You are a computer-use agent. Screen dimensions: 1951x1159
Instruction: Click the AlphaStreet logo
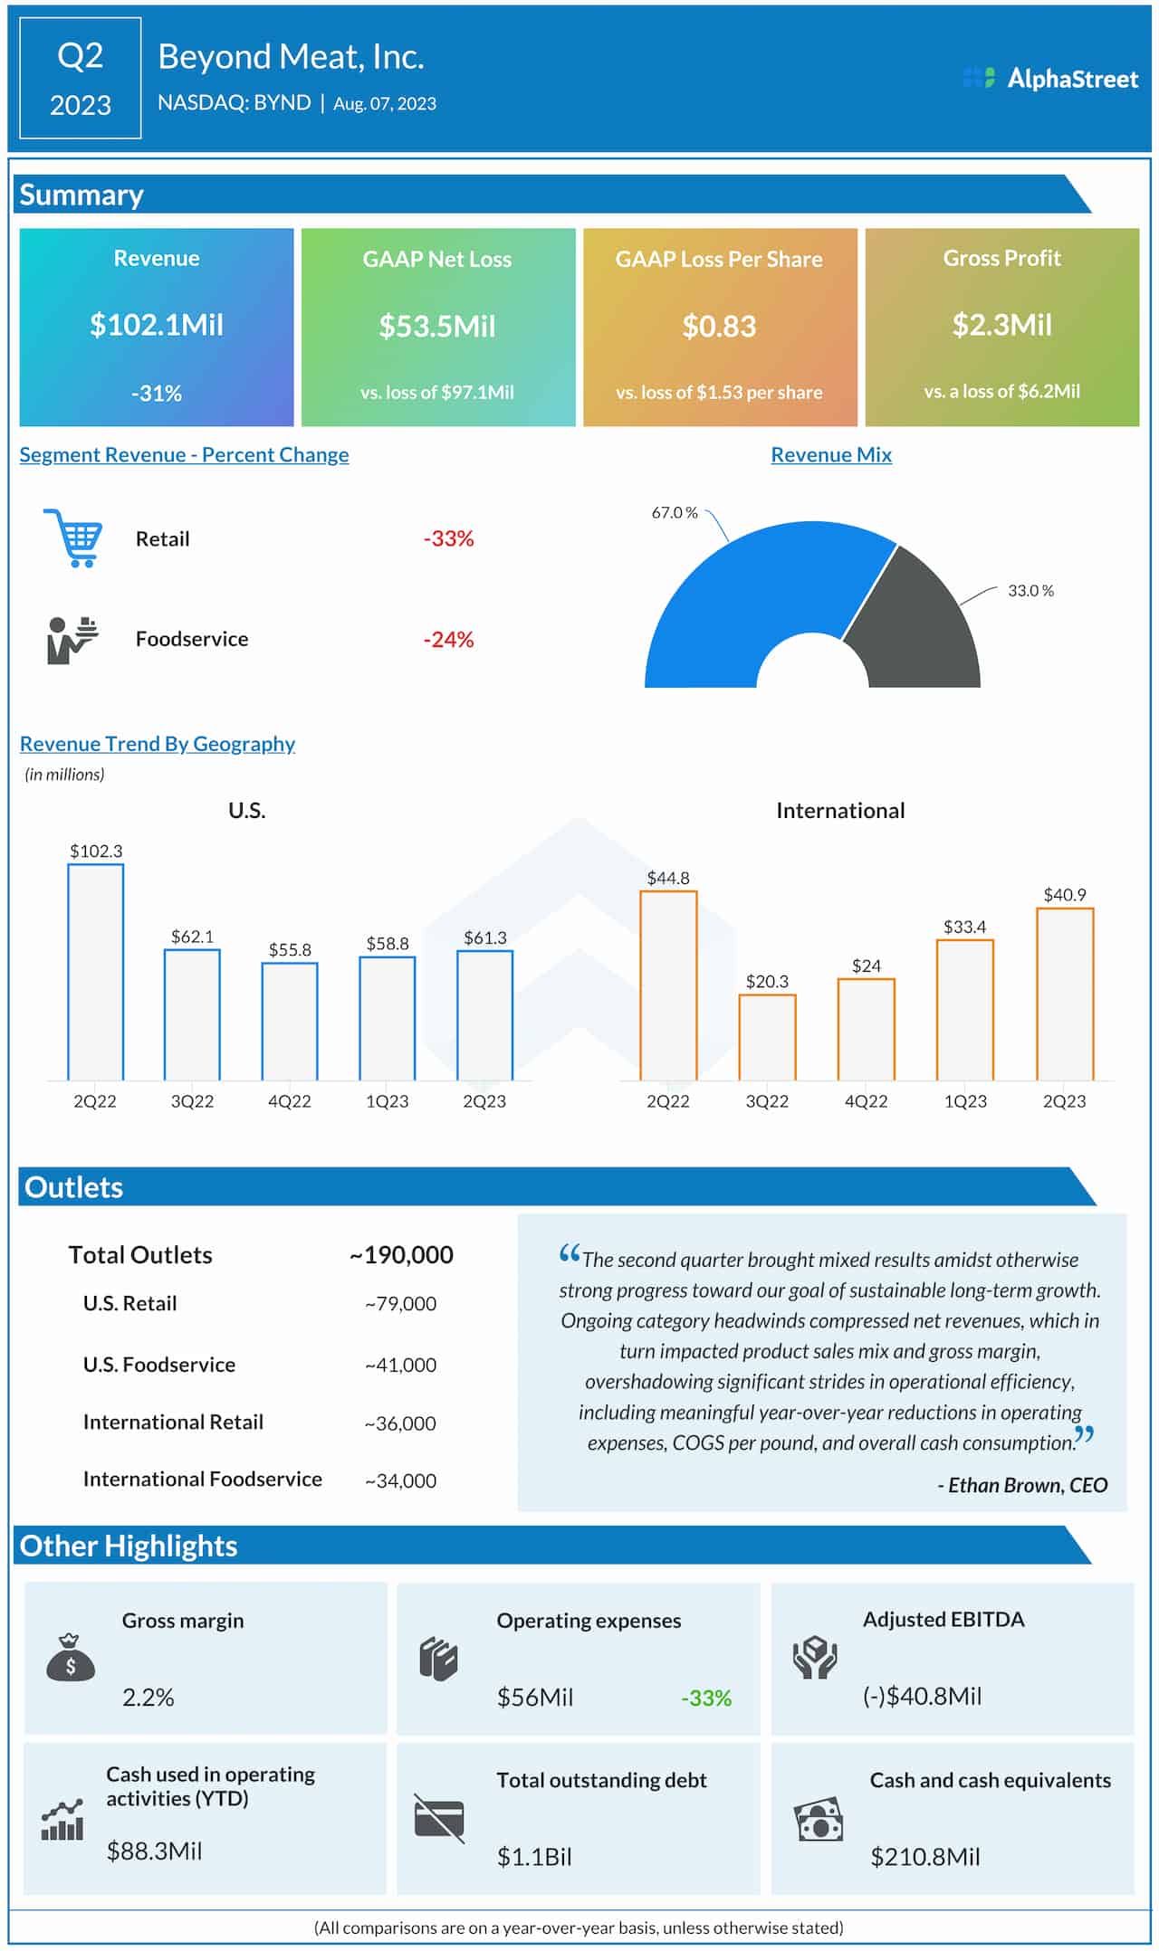tap(1050, 79)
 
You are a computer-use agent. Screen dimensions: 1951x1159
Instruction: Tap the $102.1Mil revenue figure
tap(157, 325)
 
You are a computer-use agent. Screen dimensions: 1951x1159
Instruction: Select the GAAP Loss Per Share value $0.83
tap(719, 327)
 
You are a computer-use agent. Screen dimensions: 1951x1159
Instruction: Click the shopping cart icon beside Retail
tap(72, 538)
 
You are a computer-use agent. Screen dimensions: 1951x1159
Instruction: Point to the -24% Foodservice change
tap(448, 640)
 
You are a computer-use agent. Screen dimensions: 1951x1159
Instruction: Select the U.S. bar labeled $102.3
tap(95, 973)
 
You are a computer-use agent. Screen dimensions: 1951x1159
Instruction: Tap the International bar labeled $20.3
tap(767, 1037)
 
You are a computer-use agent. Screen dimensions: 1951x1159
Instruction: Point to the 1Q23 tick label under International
tap(965, 1101)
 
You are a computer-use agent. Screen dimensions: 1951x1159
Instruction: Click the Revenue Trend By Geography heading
tap(158, 744)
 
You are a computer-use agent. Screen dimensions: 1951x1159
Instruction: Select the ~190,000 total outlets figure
tap(401, 1255)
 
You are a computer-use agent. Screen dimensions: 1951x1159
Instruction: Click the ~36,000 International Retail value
tap(400, 1423)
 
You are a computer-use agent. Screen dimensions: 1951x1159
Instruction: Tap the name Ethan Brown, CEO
tap(1022, 1485)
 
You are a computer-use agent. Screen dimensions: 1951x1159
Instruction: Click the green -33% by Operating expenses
tap(706, 1699)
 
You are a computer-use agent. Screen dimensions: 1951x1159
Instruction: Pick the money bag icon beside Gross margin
tap(71, 1658)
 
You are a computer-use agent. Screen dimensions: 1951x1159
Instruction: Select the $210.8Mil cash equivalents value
tap(924, 1857)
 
